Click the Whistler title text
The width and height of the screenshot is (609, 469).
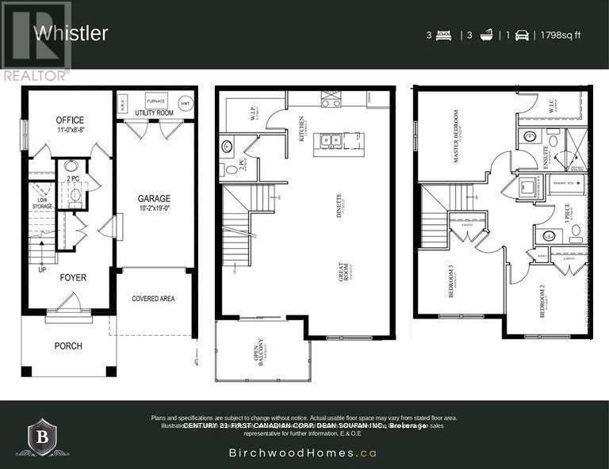click(x=71, y=33)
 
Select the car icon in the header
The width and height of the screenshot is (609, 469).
click(x=522, y=35)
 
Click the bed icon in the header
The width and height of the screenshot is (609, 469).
click(x=443, y=35)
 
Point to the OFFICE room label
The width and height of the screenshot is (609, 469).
click(x=70, y=120)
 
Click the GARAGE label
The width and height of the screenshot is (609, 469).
click(x=155, y=199)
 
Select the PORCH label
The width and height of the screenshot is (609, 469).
click(x=68, y=345)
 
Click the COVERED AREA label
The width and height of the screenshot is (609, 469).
click(x=154, y=299)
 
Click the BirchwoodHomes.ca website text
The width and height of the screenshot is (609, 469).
click(x=303, y=454)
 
